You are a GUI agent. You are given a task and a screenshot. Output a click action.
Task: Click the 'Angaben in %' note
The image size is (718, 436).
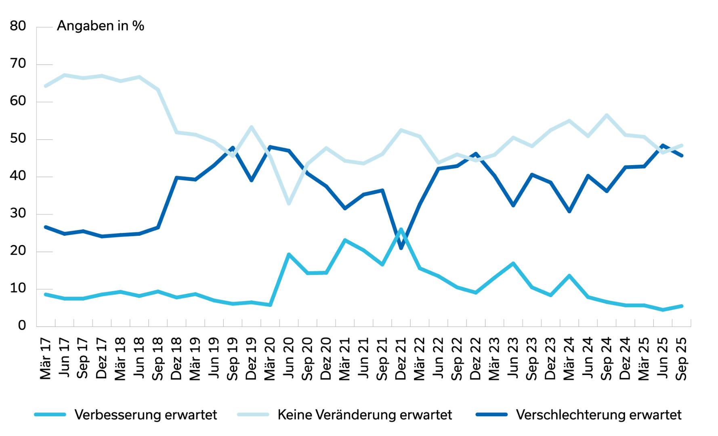coord(100,26)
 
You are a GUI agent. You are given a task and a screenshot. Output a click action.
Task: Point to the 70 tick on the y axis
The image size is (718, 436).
coord(18,64)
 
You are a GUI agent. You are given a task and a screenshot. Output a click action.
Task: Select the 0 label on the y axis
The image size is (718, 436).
coord(22,325)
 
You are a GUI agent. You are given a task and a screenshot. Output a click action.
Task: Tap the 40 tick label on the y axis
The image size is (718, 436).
coord(18,176)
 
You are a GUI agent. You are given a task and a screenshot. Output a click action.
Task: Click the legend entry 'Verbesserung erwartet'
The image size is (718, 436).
coord(146,415)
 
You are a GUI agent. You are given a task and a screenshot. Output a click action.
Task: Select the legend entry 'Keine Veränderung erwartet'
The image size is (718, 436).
coord(365,415)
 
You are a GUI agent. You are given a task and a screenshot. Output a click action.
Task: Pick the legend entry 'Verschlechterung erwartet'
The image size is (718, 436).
coord(598,415)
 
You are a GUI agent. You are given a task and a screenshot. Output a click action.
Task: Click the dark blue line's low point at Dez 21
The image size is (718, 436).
coord(401,248)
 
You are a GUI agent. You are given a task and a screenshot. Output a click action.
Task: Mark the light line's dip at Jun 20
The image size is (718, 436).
coord(289,203)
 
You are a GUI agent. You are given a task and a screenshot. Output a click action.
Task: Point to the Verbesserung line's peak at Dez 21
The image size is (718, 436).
coord(401,229)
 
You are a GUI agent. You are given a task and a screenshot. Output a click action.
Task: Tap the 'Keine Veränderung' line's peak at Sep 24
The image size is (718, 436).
coord(607,115)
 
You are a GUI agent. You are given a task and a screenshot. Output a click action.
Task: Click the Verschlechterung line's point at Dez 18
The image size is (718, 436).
coord(176,177)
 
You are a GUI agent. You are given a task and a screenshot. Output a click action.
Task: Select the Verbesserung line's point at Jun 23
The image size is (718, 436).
coord(513,263)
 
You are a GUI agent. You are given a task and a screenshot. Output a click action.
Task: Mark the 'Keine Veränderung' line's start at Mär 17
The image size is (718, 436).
coord(46,86)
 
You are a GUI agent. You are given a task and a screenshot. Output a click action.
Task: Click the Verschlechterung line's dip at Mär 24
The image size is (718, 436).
coord(569,211)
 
